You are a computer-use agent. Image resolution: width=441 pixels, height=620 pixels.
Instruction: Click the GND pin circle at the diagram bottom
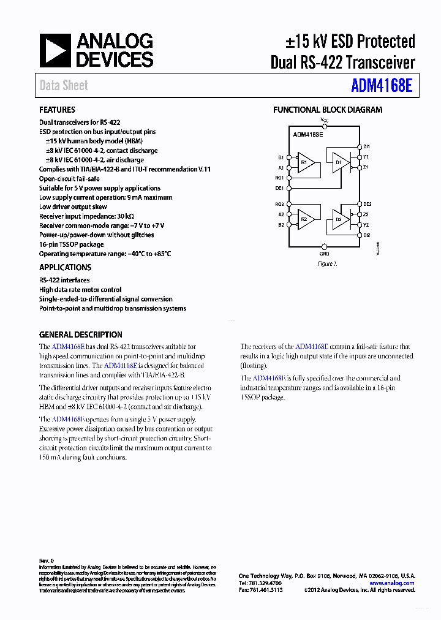tap(325, 247)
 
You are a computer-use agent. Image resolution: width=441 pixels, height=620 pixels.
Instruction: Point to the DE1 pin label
tap(279, 188)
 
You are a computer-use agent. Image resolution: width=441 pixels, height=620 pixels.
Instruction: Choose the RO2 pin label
tap(279, 204)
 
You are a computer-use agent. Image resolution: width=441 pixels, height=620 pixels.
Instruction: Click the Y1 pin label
tap(366, 157)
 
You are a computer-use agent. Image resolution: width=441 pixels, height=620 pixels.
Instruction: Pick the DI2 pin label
tap(366, 235)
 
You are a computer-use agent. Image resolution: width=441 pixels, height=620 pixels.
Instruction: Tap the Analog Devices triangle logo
tap(55, 50)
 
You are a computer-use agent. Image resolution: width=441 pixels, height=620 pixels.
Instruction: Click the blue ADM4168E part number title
tap(382, 85)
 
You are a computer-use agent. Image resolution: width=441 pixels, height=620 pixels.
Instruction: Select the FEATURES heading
tap(57, 110)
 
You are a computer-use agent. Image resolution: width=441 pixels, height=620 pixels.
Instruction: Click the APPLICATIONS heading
tap(65, 267)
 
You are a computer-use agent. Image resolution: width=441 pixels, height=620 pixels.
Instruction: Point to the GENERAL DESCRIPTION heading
tap(80, 335)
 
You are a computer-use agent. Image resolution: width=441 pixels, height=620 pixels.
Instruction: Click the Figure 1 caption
tap(327, 263)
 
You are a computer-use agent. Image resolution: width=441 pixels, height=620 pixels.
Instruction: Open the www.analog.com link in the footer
tap(392, 583)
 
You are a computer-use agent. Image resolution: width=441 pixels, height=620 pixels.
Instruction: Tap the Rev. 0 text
tap(47, 561)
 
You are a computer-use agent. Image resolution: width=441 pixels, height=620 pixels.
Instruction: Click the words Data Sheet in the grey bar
tap(64, 85)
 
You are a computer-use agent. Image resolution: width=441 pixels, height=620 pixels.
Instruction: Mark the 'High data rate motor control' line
tap(80, 290)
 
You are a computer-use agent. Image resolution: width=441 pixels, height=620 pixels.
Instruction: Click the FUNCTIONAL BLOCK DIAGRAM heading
tap(328, 110)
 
